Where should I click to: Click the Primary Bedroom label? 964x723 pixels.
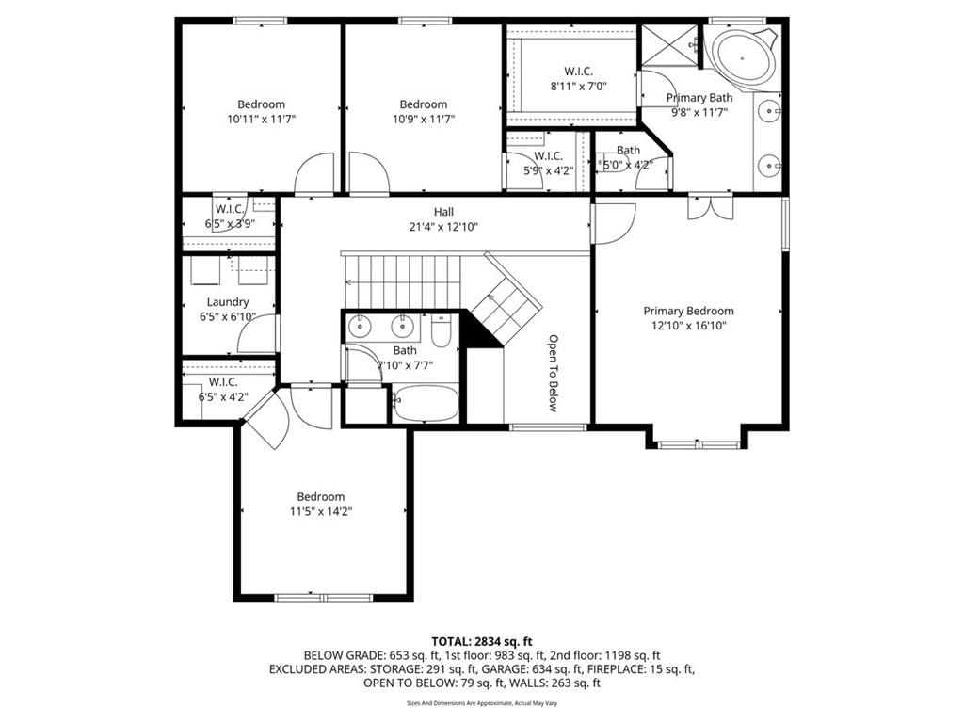point(688,311)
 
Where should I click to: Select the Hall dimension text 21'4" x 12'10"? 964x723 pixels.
point(444,227)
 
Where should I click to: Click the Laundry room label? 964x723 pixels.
point(228,302)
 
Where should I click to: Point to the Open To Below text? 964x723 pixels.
point(554,373)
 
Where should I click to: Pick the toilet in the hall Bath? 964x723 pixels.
point(442,331)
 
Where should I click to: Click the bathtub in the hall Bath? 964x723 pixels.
point(426,403)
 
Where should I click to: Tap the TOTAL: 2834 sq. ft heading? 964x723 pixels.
point(482,642)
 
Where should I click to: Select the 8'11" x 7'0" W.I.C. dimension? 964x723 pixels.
point(579,86)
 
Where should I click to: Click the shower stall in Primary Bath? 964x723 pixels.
point(669,45)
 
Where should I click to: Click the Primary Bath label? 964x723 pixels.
point(699,98)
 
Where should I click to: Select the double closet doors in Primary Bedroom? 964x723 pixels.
point(711,207)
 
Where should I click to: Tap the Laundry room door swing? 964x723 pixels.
point(258,334)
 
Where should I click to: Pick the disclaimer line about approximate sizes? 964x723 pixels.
point(482,702)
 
